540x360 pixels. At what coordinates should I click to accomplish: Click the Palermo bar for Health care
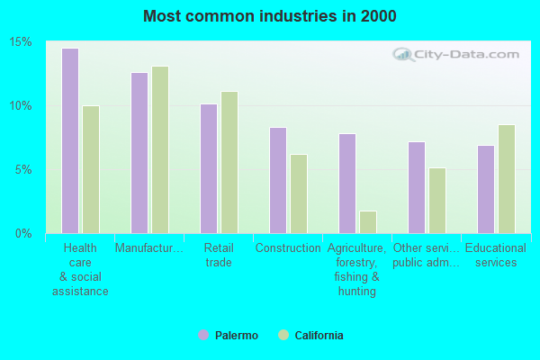click(69, 140)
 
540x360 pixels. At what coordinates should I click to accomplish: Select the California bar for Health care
click(90, 169)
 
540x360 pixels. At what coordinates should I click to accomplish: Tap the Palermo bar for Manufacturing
click(139, 152)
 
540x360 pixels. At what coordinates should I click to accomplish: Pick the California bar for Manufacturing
click(159, 149)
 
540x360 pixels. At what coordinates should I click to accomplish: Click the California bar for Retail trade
click(229, 162)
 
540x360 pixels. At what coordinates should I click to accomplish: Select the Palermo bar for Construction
click(277, 180)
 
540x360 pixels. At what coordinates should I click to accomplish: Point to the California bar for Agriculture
click(367, 221)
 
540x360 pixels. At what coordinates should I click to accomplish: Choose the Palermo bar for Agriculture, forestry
click(346, 183)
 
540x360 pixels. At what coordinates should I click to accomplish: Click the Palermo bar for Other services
click(416, 187)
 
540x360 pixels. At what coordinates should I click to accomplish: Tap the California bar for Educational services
click(506, 178)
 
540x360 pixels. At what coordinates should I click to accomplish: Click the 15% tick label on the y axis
click(22, 42)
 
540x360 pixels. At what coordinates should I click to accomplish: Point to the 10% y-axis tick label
click(22, 105)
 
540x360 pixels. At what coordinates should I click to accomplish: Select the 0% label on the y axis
click(24, 233)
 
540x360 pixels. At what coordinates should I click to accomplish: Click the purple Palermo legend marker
click(203, 336)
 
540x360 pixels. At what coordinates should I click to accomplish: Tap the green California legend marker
click(283, 336)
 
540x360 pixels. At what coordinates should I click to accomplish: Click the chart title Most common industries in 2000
click(270, 16)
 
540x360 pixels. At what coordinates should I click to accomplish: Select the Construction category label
click(288, 248)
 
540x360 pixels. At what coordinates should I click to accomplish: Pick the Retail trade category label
click(219, 256)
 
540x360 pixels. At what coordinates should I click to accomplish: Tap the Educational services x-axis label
click(496, 256)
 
